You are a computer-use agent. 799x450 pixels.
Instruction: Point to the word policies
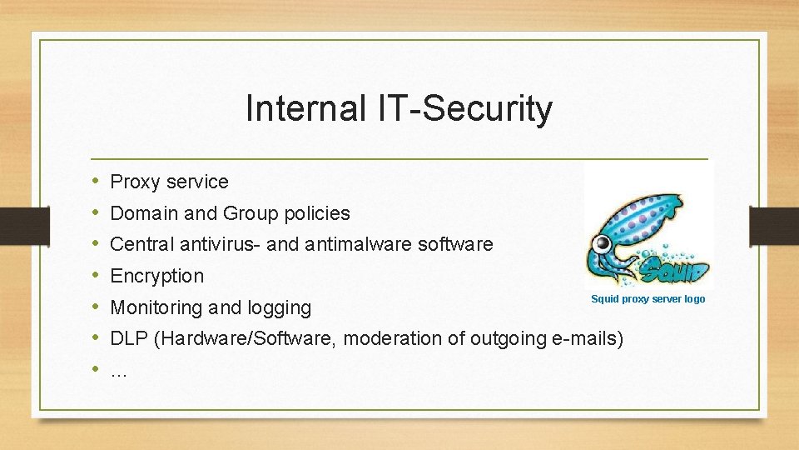(x=317, y=213)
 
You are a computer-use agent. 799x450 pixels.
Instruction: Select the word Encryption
(x=157, y=276)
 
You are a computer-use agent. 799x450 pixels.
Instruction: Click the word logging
(x=280, y=307)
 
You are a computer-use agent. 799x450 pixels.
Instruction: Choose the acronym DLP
(x=128, y=339)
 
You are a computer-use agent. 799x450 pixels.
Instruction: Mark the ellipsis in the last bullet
(x=119, y=371)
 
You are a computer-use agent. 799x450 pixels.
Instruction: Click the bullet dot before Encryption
(x=96, y=275)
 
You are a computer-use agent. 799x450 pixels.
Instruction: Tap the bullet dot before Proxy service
(x=96, y=181)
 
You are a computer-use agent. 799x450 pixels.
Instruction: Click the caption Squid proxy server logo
(x=648, y=299)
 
